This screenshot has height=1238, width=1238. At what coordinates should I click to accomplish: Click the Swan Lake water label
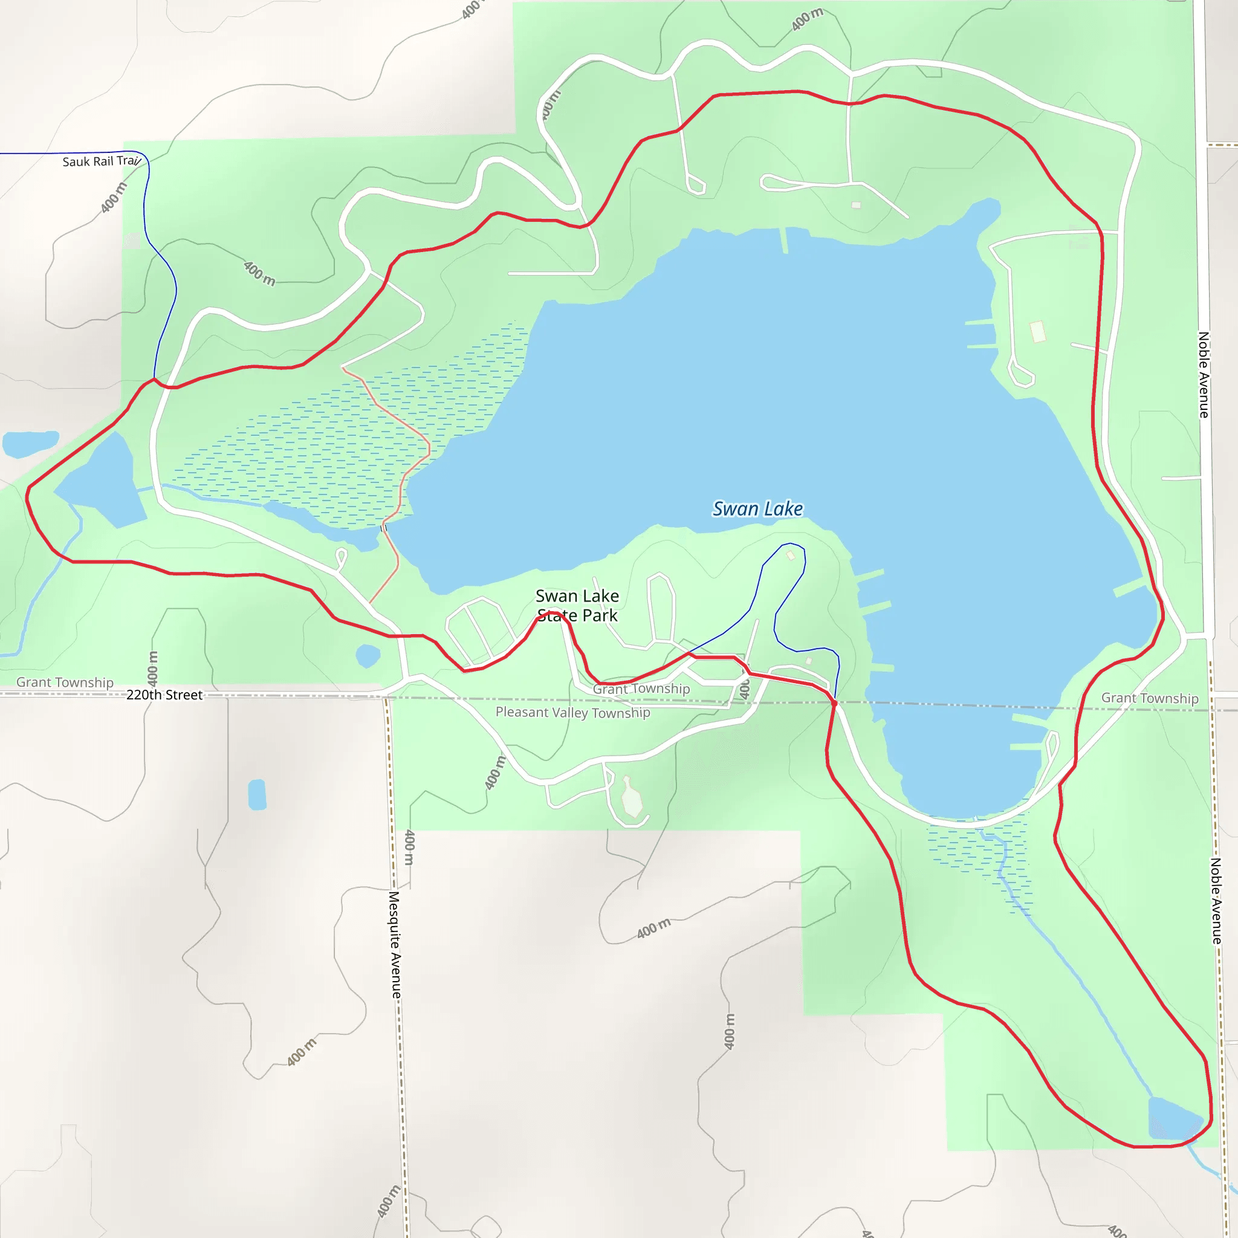tap(757, 509)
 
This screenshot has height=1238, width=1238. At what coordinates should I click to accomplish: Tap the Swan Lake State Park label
tap(577, 606)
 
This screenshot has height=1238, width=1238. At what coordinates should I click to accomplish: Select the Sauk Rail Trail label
tap(101, 161)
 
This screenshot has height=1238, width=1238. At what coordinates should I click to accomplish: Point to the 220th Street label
tap(164, 695)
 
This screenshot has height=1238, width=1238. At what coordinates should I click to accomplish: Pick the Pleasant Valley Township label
tap(573, 713)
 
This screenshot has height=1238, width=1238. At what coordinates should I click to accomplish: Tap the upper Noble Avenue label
tap(1204, 375)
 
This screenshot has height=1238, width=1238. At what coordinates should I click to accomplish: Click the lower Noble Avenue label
tap(1216, 900)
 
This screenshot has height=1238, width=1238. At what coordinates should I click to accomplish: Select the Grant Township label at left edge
tap(65, 682)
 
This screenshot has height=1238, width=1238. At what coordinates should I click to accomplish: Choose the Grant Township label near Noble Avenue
tap(1150, 698)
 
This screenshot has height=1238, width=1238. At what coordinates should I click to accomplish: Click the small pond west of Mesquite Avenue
tap(257, 794)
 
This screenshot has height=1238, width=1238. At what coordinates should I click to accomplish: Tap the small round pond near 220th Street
tap(368, 655)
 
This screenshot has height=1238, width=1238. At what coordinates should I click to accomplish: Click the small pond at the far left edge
tap(30, 444)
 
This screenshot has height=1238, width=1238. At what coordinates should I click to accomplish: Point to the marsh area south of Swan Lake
tap(980, 858)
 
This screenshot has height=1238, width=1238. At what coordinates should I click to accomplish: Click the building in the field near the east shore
tap(1037, 331)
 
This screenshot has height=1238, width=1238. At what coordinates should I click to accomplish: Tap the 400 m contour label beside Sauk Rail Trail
tap(114, 197)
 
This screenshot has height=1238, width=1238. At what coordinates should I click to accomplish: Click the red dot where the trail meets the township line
tap(834, 703)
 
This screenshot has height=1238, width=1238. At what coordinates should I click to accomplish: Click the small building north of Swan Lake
tap(856, 205)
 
